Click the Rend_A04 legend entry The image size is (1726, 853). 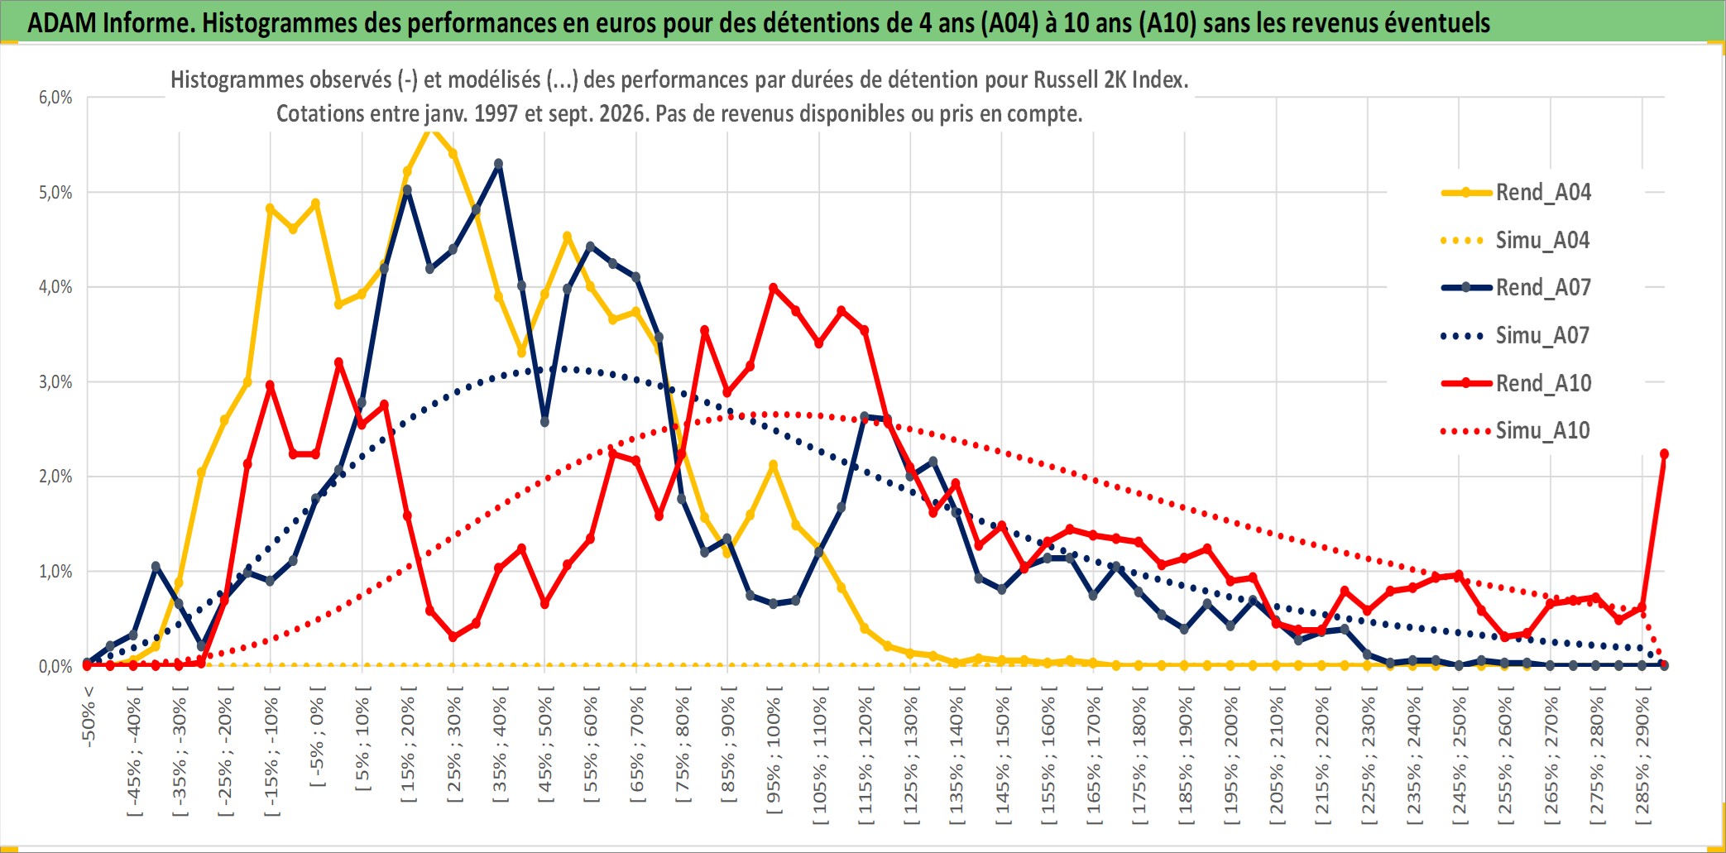click(1516, 193)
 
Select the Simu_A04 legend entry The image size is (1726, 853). click(1516, 241)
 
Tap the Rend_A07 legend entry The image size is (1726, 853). click(1516, 288)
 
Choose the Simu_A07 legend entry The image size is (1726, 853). click(1516, 336)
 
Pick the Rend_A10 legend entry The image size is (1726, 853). click(1516, 383)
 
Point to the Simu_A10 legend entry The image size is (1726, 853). click(1516, 431)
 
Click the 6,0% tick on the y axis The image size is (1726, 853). click(55, 98)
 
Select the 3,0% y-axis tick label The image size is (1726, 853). click(55, 382)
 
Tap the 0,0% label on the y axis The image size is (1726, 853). click(55, 666)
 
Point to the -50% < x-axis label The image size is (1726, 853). click(89, 716)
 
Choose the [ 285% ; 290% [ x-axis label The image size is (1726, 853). click(1642, 755)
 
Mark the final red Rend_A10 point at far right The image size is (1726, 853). click(1664, 454)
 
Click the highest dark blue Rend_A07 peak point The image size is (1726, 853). click(498, 164)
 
